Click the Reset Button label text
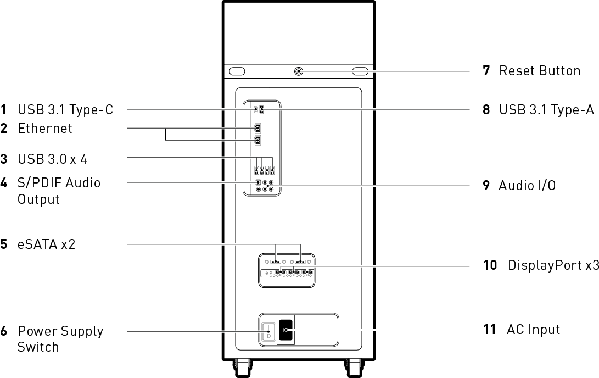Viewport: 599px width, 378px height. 540,71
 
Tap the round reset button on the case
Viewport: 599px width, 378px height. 299,71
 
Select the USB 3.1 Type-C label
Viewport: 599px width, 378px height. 65,110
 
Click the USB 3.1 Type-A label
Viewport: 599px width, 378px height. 547,110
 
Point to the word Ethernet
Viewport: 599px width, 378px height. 44,129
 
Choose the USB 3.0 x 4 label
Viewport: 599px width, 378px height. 52,159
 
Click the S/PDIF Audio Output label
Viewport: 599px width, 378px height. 59,191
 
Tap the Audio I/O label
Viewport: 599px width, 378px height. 527,185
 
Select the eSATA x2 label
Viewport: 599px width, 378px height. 46,244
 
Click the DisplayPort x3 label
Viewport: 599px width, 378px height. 553,265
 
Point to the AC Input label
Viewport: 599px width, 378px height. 533,330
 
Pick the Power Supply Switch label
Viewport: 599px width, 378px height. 60,339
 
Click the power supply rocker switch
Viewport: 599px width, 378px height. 268,331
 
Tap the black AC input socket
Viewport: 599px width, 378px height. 285,330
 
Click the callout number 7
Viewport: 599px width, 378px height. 486,71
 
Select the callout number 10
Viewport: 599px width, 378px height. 490,265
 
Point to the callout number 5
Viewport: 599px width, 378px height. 4,244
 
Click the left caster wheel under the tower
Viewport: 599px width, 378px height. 243,368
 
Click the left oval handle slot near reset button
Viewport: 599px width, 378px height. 237,71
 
